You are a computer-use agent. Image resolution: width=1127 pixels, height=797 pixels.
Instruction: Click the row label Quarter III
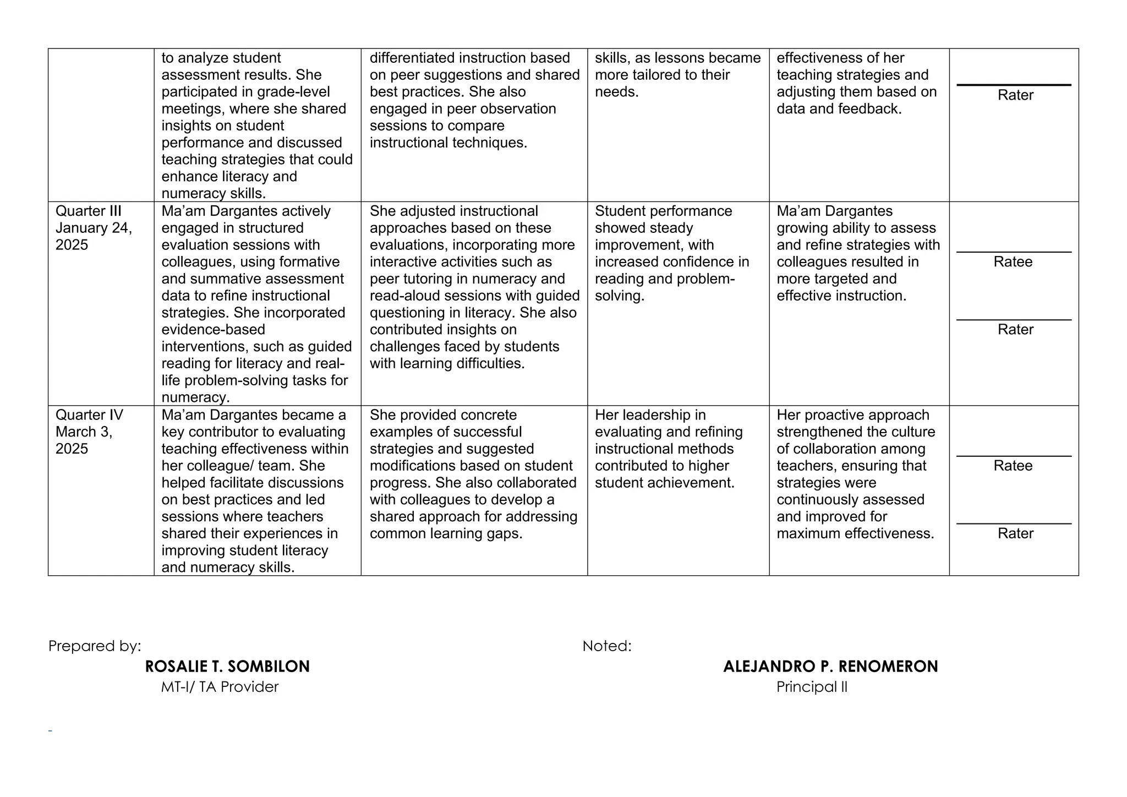89,211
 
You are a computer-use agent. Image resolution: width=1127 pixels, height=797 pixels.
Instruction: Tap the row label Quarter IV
89,415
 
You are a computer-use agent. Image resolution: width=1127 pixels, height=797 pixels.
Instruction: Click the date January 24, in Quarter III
94,228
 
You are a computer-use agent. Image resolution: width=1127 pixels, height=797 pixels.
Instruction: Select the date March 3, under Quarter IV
84,432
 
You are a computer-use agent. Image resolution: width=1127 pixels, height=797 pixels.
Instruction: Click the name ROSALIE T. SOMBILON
227,667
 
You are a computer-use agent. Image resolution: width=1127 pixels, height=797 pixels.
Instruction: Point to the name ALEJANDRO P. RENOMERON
830,667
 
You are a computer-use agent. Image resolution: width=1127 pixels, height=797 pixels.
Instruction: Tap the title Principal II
812,687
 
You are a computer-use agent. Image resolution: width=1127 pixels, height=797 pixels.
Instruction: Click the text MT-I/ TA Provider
220,687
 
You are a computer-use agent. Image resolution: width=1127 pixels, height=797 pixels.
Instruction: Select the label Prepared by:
95,646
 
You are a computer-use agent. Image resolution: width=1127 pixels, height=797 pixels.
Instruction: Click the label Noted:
607,646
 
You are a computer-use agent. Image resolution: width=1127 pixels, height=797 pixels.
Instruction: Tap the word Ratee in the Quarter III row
1013,262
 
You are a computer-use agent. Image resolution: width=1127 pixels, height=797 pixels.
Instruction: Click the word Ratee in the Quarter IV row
1013,466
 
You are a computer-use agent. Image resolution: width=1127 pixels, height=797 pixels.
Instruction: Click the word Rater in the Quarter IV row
1015,533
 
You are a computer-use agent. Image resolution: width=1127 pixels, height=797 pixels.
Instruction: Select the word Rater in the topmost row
1015,95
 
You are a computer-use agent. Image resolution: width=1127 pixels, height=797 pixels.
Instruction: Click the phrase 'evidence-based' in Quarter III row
213,330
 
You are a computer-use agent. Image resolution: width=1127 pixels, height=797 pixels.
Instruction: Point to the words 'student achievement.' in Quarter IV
664,483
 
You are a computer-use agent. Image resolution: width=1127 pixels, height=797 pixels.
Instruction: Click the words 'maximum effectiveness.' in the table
855,534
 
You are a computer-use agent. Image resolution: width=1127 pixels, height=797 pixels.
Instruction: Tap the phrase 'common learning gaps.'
446,534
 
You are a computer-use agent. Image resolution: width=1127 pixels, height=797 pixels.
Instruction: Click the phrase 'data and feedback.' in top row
839,109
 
